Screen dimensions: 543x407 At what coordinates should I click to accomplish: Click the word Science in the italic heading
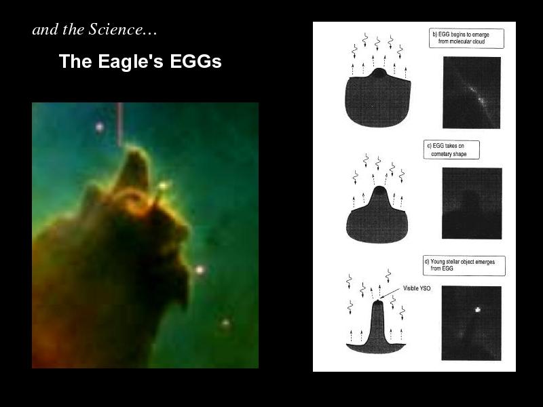tap(115, 29)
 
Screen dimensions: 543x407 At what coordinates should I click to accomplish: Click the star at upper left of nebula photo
tap(100, 127)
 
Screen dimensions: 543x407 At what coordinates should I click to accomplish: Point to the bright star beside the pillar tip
tap(164, 186)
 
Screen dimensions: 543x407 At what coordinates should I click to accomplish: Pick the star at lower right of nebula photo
tap(225, 324)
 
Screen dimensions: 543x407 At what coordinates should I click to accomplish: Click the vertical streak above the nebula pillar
tap(119, 124)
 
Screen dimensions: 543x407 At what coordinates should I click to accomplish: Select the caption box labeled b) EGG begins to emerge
tap(466, 38)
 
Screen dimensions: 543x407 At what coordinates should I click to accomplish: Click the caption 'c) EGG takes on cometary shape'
tap(451, 150)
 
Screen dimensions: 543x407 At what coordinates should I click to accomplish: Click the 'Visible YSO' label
tap(417, 288)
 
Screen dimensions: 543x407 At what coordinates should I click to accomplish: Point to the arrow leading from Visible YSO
tap(390, 293)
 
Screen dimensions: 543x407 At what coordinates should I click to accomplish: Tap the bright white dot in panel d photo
tap(478, 310)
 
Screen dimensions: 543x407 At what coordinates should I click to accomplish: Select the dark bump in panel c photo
tap(470, 202)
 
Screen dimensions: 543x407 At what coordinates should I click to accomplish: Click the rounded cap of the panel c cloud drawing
tap(379, 191)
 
